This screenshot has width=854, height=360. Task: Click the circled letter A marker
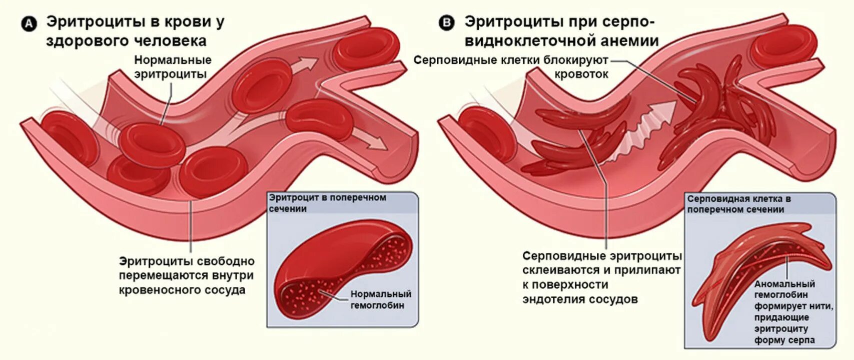point(30,23)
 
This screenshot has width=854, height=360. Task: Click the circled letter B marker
point(446,23)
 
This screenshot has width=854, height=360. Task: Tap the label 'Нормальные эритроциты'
point(173,67)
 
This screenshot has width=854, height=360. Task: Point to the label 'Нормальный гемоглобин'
point(381,299)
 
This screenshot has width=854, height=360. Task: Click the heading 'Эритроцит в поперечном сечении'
point(327,202)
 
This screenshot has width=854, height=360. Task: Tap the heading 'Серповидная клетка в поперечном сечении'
point(738,203)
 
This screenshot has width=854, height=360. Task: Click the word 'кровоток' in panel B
point(581,74)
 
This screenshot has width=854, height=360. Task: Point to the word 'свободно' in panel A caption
point(225,261)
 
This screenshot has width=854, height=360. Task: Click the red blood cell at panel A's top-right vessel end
point(367,47)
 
